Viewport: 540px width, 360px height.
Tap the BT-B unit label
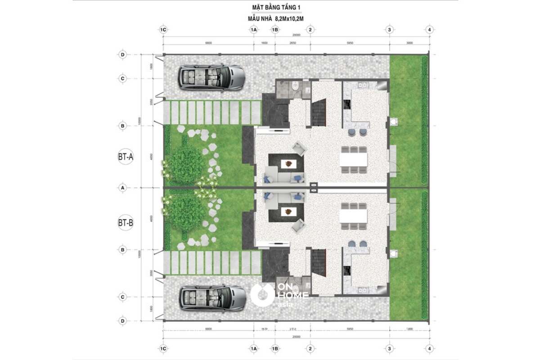click(126, 222)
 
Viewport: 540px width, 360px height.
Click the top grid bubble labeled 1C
click(163, 30)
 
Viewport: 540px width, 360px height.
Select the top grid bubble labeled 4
click(430, 30)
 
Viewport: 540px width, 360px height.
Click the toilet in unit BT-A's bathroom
click(294, 87)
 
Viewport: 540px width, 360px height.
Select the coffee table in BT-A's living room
click(287, 164)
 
